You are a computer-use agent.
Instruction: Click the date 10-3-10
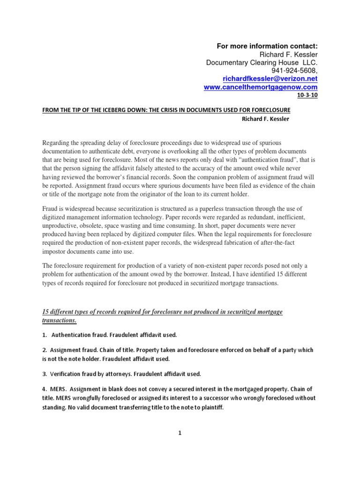(307, 96)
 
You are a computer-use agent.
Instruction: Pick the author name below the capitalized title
(266, 119)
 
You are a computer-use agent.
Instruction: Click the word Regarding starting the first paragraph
(57, 142)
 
